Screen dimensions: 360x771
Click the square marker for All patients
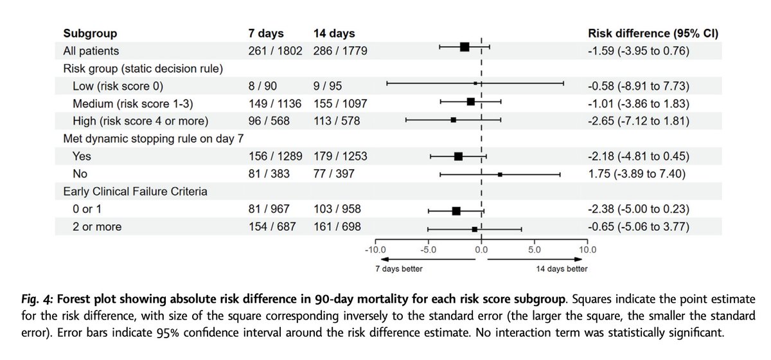[465, 47]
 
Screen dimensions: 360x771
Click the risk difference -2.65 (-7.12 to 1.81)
[639, 120]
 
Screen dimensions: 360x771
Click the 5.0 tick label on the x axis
[535, 249]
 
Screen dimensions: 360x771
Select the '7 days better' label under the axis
[399, 269]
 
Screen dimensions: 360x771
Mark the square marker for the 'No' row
[500, 174]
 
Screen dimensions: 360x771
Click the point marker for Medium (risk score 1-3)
[471, 102]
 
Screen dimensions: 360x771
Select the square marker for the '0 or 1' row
[456, 210]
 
